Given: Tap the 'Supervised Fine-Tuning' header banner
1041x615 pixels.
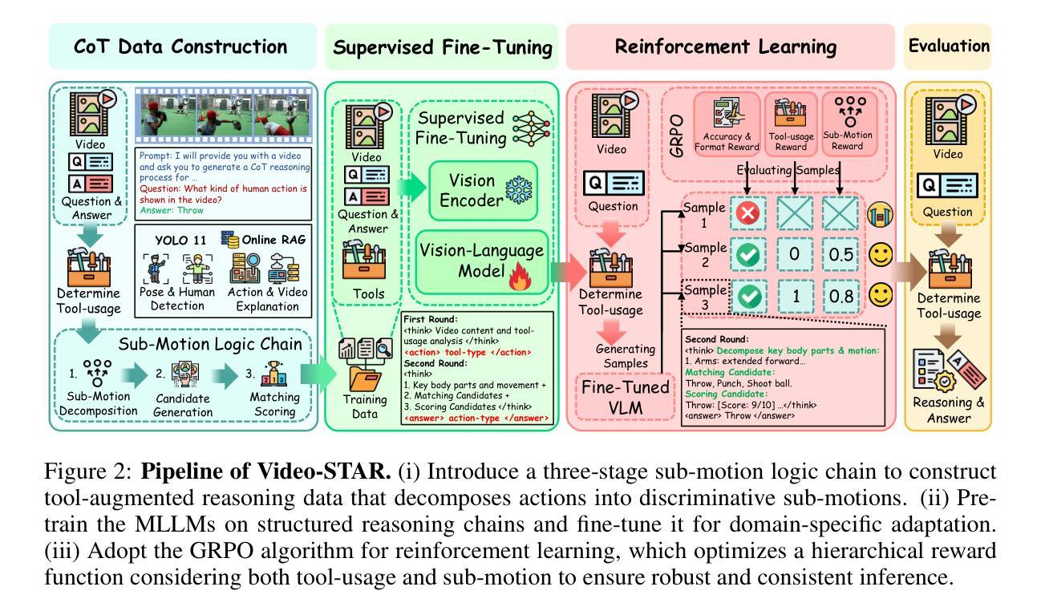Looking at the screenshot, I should [x=444, y=47].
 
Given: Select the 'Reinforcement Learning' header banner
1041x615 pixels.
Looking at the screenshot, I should [x=731, y=47].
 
